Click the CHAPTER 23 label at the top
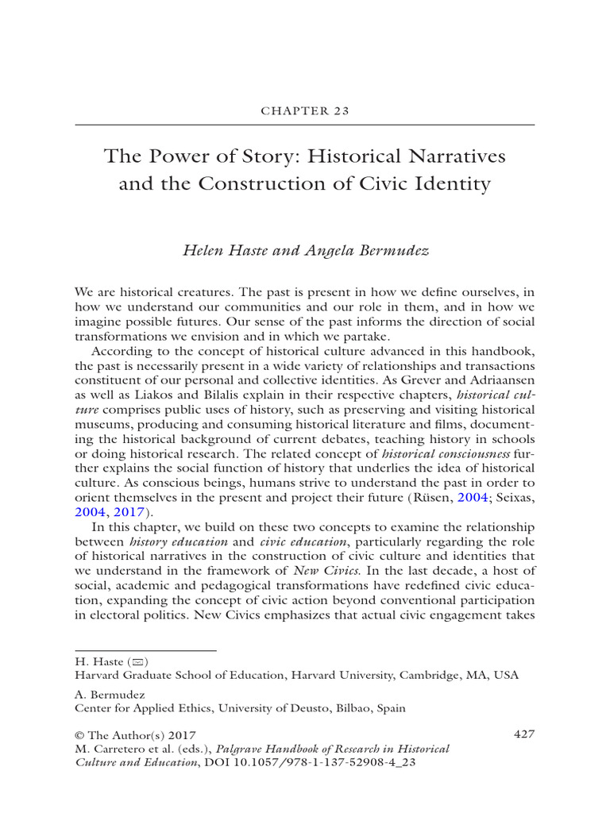pos(305,111)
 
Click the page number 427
pos(524,734)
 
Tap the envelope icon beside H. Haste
pos(140,661)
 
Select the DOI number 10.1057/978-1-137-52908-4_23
pos(326,762)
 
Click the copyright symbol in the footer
pos(79,735)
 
